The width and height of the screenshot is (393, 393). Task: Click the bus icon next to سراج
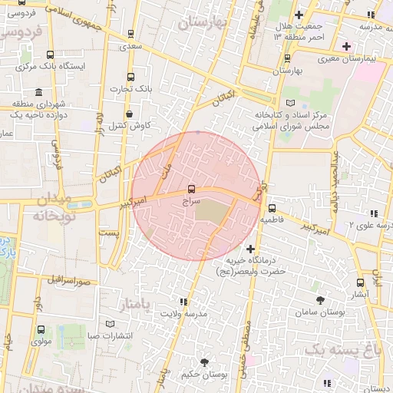191,189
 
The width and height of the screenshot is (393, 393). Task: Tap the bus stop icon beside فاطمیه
272,207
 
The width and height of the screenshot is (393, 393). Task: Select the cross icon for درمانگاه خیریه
251,249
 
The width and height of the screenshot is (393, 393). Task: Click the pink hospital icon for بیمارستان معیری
347,47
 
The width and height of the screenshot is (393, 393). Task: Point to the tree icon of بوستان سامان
319,300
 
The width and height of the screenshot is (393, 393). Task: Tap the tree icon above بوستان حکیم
203,362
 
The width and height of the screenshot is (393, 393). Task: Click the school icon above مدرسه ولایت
183,302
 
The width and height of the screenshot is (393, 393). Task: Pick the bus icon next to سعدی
130,34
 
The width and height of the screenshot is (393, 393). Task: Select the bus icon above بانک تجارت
130,77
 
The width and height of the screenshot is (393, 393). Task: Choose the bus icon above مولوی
40,329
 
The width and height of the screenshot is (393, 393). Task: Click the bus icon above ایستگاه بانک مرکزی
50,54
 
